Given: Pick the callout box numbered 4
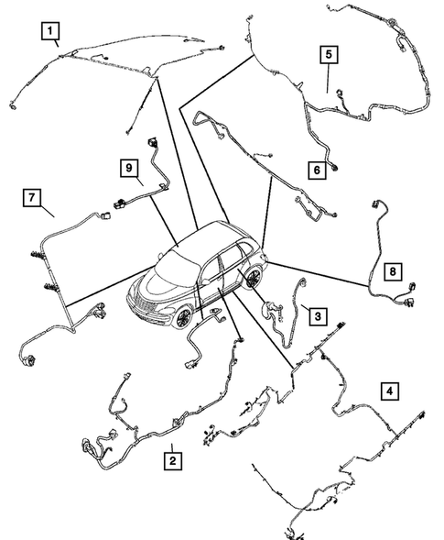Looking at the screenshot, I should [391, 391].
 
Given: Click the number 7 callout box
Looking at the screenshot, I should [33, 197].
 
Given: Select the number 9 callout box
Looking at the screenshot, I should [130, 167].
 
